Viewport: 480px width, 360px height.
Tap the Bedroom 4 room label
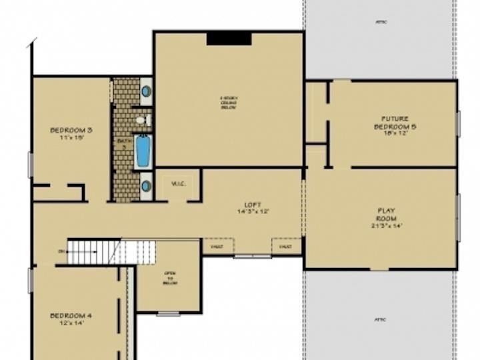71,319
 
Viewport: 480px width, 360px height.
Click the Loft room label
253,207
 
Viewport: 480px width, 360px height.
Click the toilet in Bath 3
141,120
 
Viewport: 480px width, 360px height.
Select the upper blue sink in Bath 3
146,91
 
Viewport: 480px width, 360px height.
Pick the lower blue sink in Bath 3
145,186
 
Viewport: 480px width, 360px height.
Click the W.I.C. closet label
178,184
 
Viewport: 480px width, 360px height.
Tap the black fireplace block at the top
229,39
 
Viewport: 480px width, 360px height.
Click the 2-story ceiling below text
229,103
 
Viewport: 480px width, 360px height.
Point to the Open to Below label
170,278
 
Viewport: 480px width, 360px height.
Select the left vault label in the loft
218,247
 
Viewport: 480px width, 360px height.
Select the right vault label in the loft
286,247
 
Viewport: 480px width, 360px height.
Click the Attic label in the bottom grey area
380,319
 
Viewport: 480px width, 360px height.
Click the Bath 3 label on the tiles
122,144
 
